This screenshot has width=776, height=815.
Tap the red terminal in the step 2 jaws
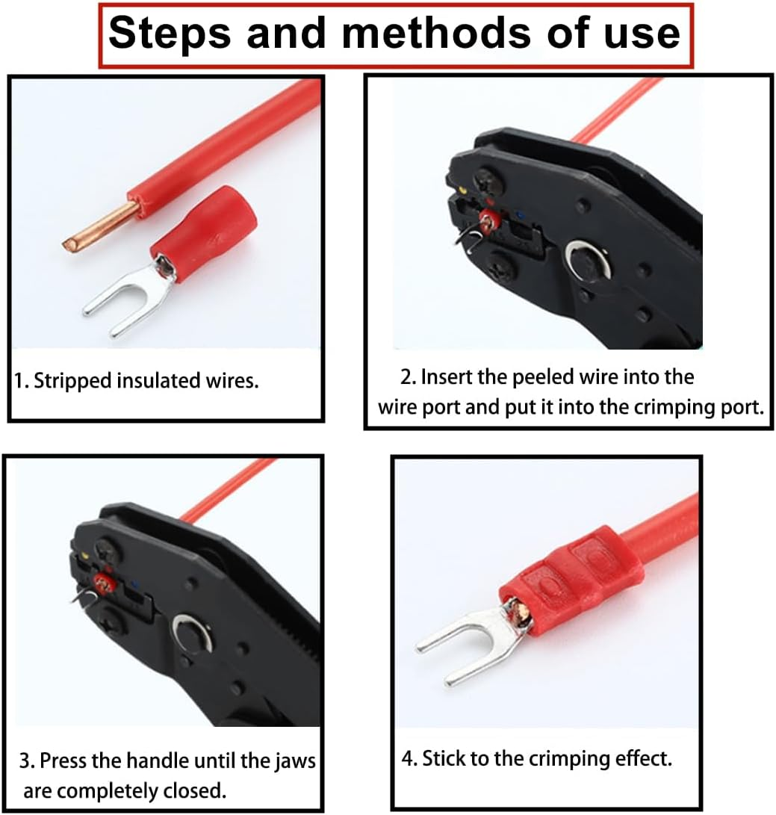[491, 221]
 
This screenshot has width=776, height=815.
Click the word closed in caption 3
[199, 790]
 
